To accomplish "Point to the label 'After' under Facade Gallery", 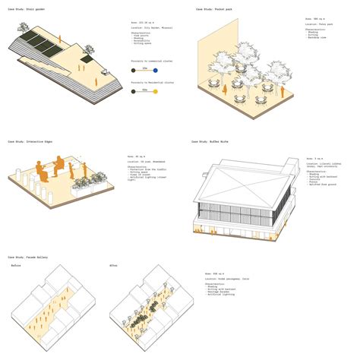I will pos(113,266).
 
